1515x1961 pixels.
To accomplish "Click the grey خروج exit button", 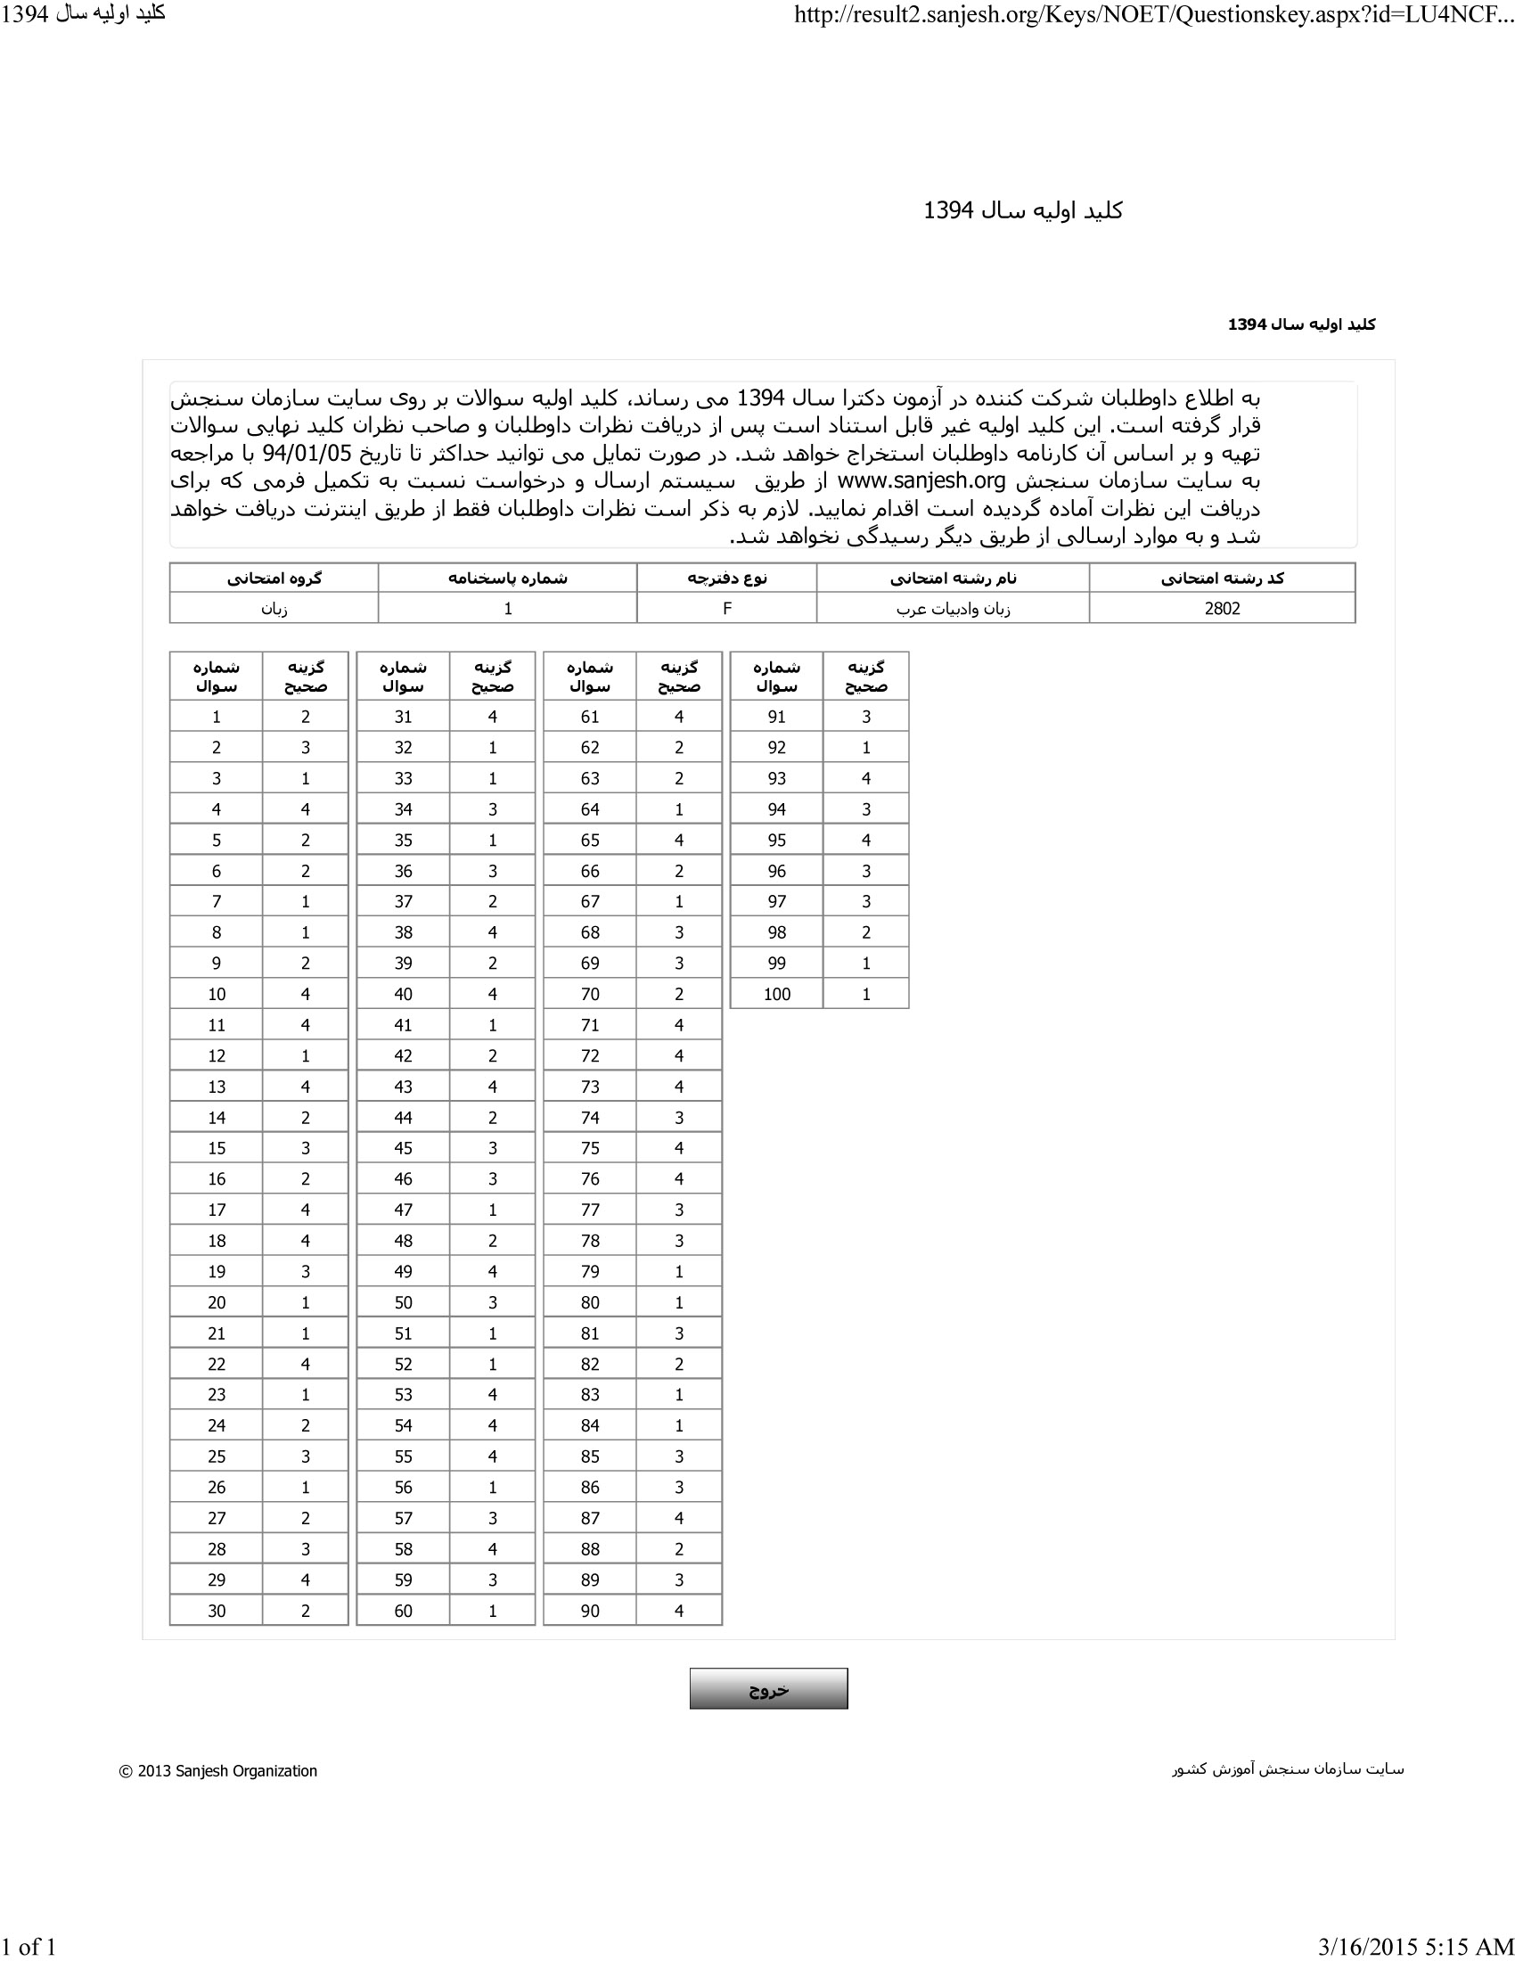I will point(768,1689).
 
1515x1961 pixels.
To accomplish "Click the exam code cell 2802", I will point(1222,608).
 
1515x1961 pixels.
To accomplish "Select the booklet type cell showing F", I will point(727,608).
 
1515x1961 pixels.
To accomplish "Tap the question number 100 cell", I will point(776,994).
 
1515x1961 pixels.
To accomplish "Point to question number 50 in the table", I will point(403,1302).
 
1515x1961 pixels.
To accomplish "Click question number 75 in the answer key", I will point(590,1148).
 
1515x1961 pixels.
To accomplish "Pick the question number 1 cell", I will point(217,717).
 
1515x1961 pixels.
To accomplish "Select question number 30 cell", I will point(217,1611).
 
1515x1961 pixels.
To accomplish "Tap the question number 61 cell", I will point(590,717).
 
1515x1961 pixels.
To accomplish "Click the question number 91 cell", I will point(776,717).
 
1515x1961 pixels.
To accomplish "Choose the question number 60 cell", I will point(403,1611).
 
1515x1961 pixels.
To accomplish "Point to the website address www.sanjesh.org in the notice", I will point(921,481).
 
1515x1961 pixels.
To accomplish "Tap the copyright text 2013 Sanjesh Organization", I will point(218,1770).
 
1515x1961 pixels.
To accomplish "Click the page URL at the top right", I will point(1153,15).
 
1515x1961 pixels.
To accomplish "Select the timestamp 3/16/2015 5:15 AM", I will point(1415,1947).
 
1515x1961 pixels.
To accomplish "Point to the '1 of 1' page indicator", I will point(29,1947).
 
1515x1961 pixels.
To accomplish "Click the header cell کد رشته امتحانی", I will point(1222,578).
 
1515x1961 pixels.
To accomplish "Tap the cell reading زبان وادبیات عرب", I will point(953,608).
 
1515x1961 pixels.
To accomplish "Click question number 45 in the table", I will point(403,1148).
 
